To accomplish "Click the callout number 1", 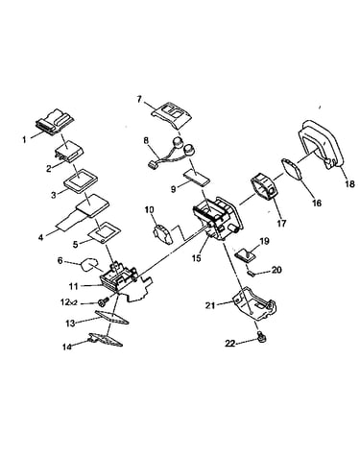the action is pos(24,140).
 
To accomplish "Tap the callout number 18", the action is pos(349,184).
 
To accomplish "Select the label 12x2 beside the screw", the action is pos(69,301).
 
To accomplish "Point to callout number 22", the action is pos(230,344).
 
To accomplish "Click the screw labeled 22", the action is pos(262,337).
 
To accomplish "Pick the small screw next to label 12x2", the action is pos(103,301).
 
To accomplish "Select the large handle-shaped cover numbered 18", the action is pos(322,144).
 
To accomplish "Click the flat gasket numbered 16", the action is pos(293,169).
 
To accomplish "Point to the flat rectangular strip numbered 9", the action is pos(197,178).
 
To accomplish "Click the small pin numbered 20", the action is pos(252,274).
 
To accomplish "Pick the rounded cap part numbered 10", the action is pos(163,234).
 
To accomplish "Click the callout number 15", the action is pos(197,257).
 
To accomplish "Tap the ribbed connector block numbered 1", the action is pos(55,125).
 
